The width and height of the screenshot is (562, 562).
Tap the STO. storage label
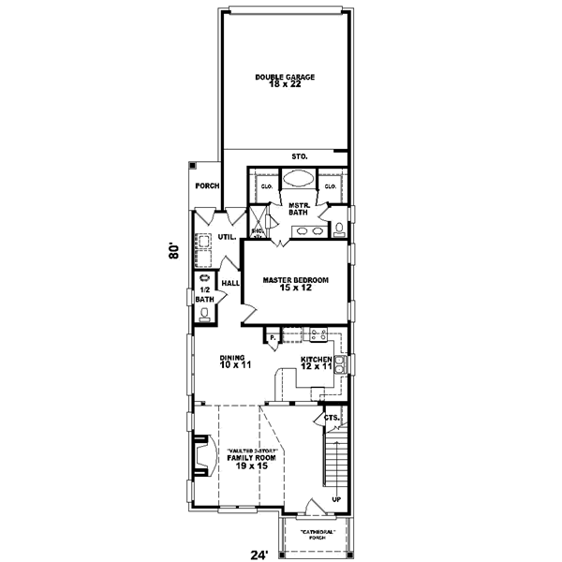pyautogui.click(x=300, y=156)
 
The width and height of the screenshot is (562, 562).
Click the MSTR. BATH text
pyautogui.click(x=300, y=209)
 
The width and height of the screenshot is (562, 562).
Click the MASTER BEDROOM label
pyautogui.click(x=295, y=284)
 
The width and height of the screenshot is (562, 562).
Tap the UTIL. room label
pyautogui.click(x=227, y=237)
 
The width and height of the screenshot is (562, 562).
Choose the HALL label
pyautogui.click(x=229, y=282)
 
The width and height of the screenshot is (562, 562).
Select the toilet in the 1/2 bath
pyautogui.click(x=203, y=316)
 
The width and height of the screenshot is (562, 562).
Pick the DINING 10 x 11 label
pyautogui.click(x=232, y=361)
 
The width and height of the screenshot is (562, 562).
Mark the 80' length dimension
pyautogui.click(x=174, y=251)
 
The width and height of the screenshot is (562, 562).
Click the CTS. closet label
pyautogui.click(x=331, y=417)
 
